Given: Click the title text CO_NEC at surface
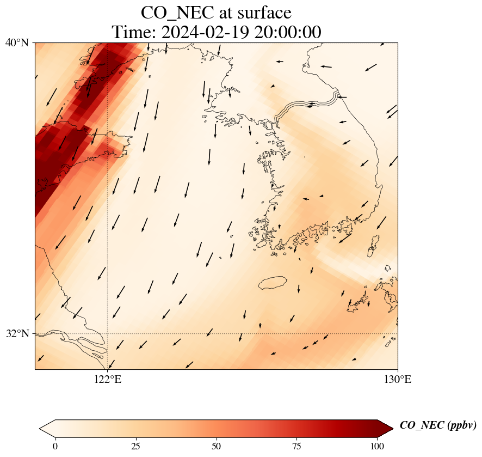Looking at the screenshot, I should tap(216, 12).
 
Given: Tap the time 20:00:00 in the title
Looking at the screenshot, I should tap(286, 32).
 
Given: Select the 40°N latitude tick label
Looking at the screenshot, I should tap(17, 42).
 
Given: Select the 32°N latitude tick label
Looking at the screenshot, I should tap(17, 333).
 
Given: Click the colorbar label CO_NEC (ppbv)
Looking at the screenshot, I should tap(438, 425).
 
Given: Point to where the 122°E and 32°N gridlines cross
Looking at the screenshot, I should tap(108, 333).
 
